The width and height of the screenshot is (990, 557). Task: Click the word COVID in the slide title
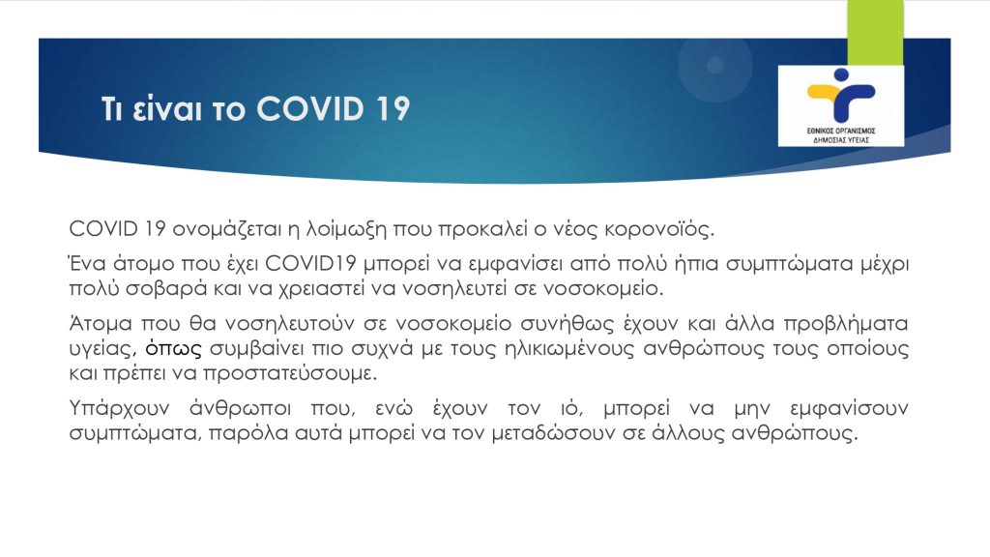pos(310,108)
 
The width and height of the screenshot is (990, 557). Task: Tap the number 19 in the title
pos(393,108)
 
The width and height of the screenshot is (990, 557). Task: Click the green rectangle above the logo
pos(875,33)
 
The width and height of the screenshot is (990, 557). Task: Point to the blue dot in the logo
pos(841,75)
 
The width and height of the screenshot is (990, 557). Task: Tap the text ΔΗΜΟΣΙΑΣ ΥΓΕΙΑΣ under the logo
pos(841,140)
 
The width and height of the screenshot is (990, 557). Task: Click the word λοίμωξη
pos(346,228)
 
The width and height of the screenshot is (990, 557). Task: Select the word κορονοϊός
pos(659,228)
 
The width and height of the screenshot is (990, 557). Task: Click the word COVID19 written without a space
pos(310,263)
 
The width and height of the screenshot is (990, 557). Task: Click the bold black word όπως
pos(174,348)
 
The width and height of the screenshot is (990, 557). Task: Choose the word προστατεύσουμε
pos(289,374)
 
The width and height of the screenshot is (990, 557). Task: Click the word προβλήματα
pos(845,323)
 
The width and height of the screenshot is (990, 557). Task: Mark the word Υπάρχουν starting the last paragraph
pos(119,409)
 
